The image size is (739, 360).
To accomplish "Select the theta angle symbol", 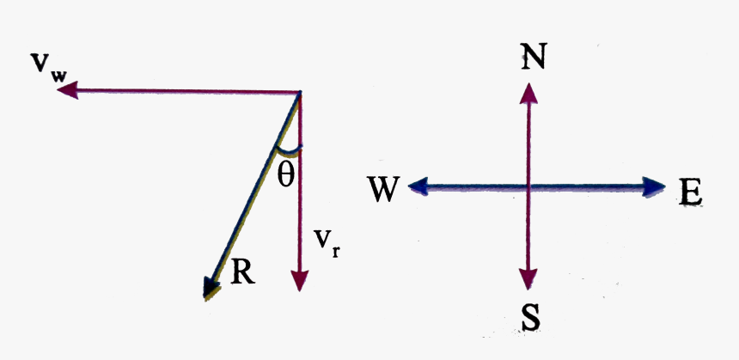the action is pyautogui.click(x=286, y=175).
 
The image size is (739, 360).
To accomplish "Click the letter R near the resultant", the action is pyautogui.click(x=242, y=271).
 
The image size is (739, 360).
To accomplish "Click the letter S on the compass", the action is pyautogui.click(x=530, y=317).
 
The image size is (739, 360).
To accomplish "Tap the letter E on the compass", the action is pyautogui.click(x=690, y=192).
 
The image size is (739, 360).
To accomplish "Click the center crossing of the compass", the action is pyautogui.click(x=530, y=186).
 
